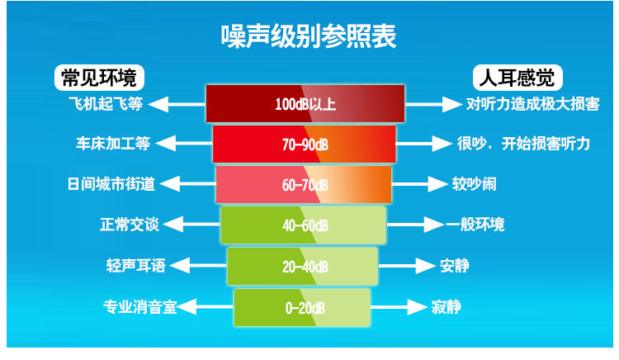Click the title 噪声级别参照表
tap(309, 36)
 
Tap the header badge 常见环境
tap(99, 78)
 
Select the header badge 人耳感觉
tap(517, 78)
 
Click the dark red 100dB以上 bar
tap(305, 104)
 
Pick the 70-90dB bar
tap(304, 144)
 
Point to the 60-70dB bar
tap(304, 185)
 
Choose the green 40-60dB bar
tap(303, 225)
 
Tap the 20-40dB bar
tap(302, 267)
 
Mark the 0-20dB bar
tap(302, 307)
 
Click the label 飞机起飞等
tap(106, 104)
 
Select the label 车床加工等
tap(113, 144)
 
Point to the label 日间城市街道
tap(111, 184)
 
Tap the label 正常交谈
tap(130, 225)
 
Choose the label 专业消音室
tap(139, 306)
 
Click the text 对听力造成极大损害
tap(533, 104)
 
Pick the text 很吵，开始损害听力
tap(523, 144)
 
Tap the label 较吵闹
tap(474, 184)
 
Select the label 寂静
tap(446, 306)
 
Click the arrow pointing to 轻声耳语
tap(199, 265)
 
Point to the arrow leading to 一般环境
tap(415, 225)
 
